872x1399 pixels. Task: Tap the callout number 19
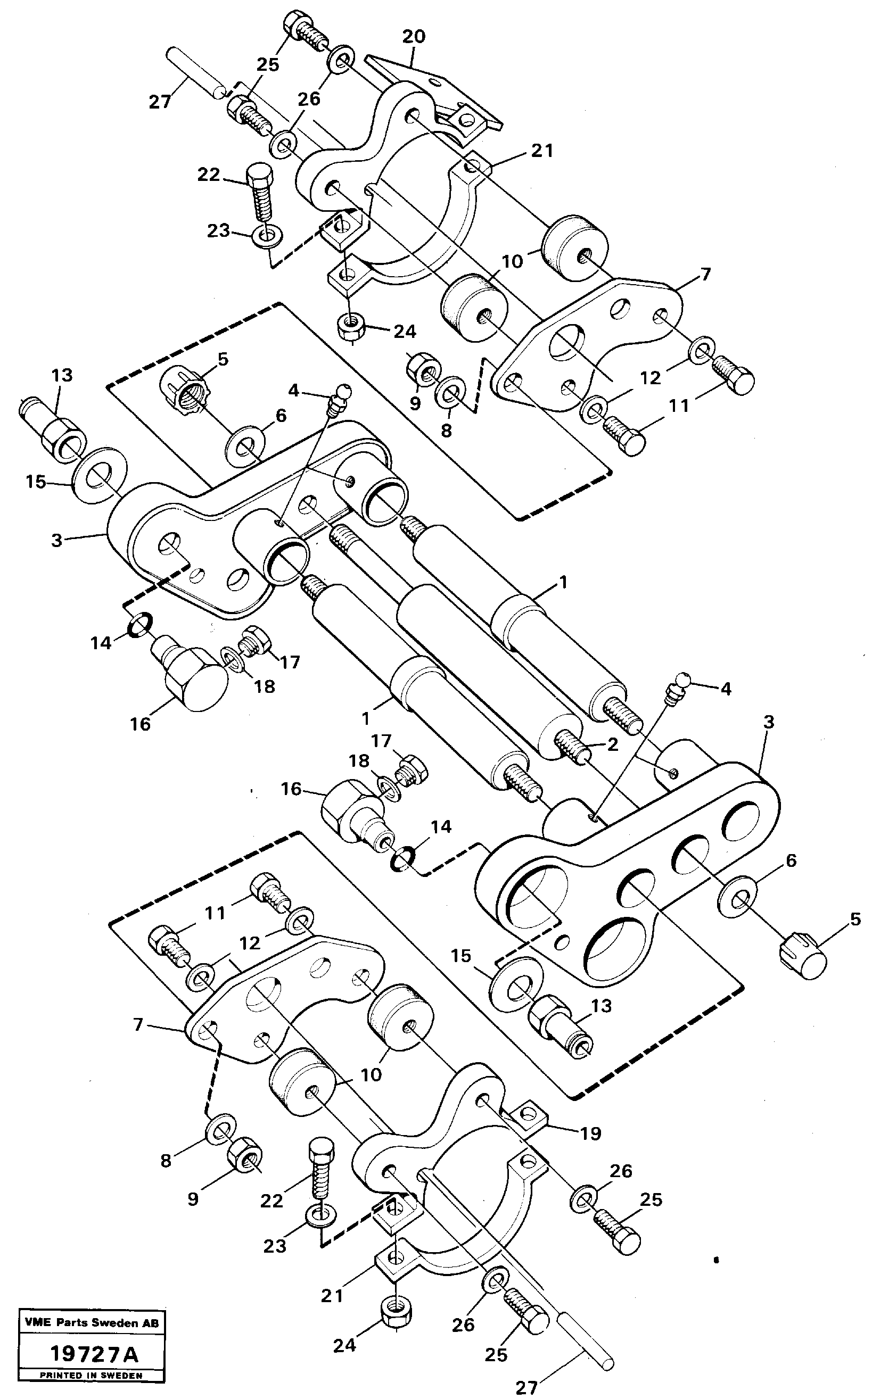590,1133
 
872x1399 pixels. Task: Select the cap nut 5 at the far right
805,962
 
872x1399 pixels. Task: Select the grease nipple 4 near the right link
679,685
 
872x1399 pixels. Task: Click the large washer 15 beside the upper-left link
95,474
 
